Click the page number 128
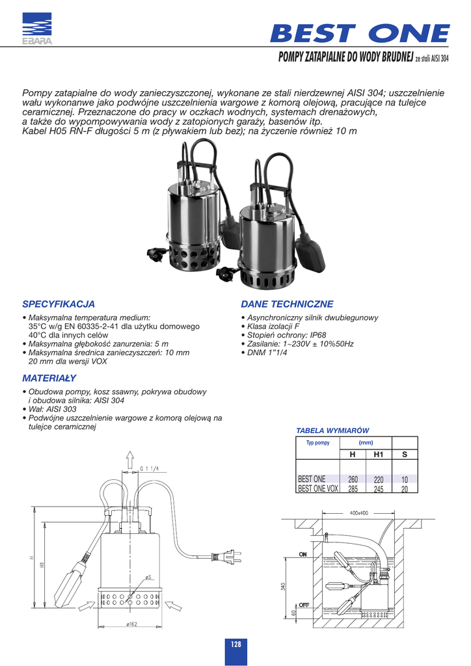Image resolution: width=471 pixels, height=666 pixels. point(235,644)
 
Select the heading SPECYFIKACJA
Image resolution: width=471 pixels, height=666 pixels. point(59,304)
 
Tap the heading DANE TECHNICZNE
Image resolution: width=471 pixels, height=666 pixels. point(287,304)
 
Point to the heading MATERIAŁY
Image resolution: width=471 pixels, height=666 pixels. point(49,378)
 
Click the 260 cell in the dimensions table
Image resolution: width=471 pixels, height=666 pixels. point(353,479)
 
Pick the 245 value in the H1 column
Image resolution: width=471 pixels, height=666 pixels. point(378,489)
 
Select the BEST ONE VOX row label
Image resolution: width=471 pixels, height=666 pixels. point(317,489)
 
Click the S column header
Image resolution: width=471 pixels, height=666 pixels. point(404,454)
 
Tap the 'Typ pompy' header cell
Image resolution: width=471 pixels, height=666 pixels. point(318,443)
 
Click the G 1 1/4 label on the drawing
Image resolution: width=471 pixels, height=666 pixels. point(150,468)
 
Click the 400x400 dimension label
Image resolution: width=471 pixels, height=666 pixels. point(358,513)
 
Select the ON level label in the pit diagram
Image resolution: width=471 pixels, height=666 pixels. point(303,555)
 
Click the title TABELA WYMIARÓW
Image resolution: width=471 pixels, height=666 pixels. point(332,431)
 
